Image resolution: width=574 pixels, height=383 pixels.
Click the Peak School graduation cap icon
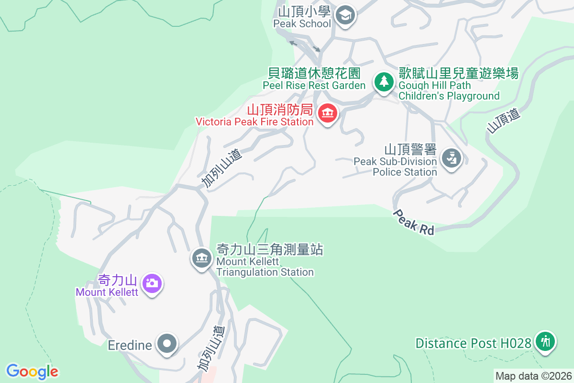pyautogui.click(x=344, y=15)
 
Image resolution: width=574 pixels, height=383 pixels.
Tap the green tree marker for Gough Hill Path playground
pyautogui.click(x=383, y=81)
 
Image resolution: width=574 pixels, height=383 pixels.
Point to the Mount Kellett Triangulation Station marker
pyautogui.click(x=201, y=258)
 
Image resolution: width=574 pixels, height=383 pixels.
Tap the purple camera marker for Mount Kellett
pyautogui.click(x=152, y=283)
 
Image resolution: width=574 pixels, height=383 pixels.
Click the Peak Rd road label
pyautogui.click(x=414, y=223)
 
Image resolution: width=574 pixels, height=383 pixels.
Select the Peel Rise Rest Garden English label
pyautogui.click(x=314, y=85)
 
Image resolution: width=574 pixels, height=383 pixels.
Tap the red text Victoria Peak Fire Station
pyautogui.click(x=254, y=122)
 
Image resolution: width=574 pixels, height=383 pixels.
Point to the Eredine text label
pyautogui.click(x=130, y=345)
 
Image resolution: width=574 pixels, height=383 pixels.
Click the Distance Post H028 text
pyautogui.click(x=473, y=343)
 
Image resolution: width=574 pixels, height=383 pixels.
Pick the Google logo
pyautogui.click(x=32, y=372)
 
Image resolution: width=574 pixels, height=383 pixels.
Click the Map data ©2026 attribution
pyautogui.click(x=533, y=376)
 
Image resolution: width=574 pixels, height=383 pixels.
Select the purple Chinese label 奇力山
pyautogui.click(x=117, y=280)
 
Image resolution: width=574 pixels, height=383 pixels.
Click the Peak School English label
pyautogui.click(x=302, y=23)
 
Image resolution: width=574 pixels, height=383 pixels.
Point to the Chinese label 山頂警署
pyautogui.click(x=410, y=149)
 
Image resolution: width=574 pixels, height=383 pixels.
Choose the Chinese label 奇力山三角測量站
pyautogui.click(x=270, y=249)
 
